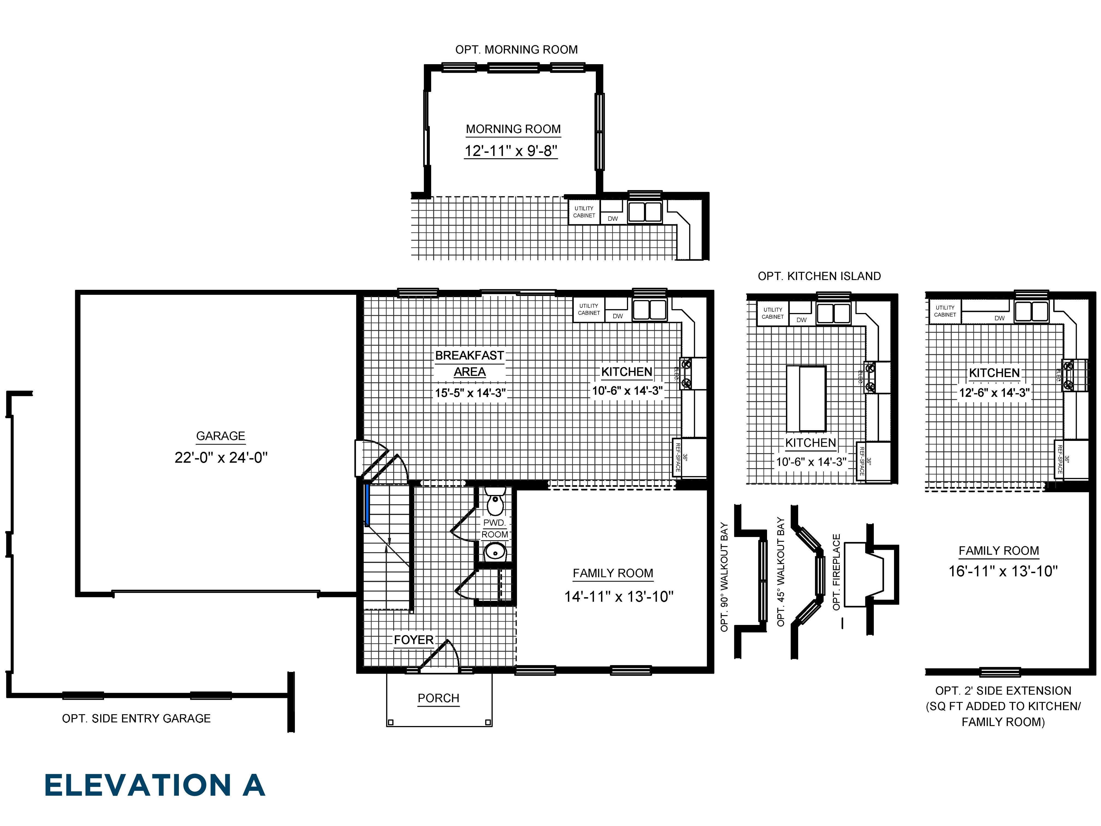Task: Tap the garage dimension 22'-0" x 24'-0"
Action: tap(221, 458)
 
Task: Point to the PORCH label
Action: tap(438, 698)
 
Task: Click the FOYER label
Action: tap(414, 640)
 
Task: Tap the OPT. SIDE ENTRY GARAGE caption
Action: tap(136, 718)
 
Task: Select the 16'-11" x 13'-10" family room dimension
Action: tap(1003, 571)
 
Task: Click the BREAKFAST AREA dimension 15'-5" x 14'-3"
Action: tap(470, 393)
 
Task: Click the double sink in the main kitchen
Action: tap(650, 310)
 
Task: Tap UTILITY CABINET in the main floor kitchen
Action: tap(588, 310)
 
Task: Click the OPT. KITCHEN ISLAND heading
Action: tap(819, 276)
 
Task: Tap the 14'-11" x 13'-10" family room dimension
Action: tap(619, 597)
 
